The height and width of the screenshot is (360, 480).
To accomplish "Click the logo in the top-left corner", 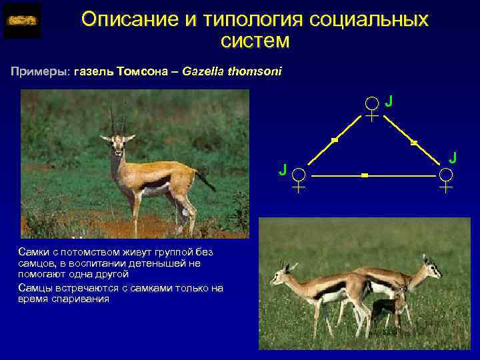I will tap(22, 21).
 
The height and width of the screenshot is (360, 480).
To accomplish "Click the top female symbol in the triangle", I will tap(372, 108).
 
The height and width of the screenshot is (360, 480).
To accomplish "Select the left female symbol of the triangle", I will tap(300, 179).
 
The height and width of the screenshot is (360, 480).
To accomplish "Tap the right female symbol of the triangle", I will tap(446, 179).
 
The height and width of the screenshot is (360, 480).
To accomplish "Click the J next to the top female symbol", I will tap(389, 101).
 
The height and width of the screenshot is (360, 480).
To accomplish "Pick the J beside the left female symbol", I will tap(283, 169).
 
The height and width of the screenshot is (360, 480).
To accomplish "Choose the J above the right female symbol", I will tap(453, 157).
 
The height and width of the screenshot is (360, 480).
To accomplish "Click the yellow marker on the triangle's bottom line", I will tap(364, 175).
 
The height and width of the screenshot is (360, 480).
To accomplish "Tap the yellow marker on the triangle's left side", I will tap(335, 141).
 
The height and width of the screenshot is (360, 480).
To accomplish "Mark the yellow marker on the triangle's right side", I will tap(413, 143).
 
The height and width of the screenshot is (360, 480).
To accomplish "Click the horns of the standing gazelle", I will tap(118, 119).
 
